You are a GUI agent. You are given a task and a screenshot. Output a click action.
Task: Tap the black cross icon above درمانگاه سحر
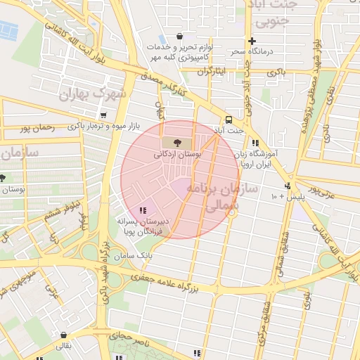252,41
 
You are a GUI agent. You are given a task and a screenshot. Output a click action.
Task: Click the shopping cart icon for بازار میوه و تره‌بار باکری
104,115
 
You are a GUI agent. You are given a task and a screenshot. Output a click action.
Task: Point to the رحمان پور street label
37,129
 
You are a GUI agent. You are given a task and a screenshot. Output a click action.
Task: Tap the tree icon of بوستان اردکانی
176,143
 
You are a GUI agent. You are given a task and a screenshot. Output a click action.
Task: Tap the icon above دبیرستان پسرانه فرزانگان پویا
143,210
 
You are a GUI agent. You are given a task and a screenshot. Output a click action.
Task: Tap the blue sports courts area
8,30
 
